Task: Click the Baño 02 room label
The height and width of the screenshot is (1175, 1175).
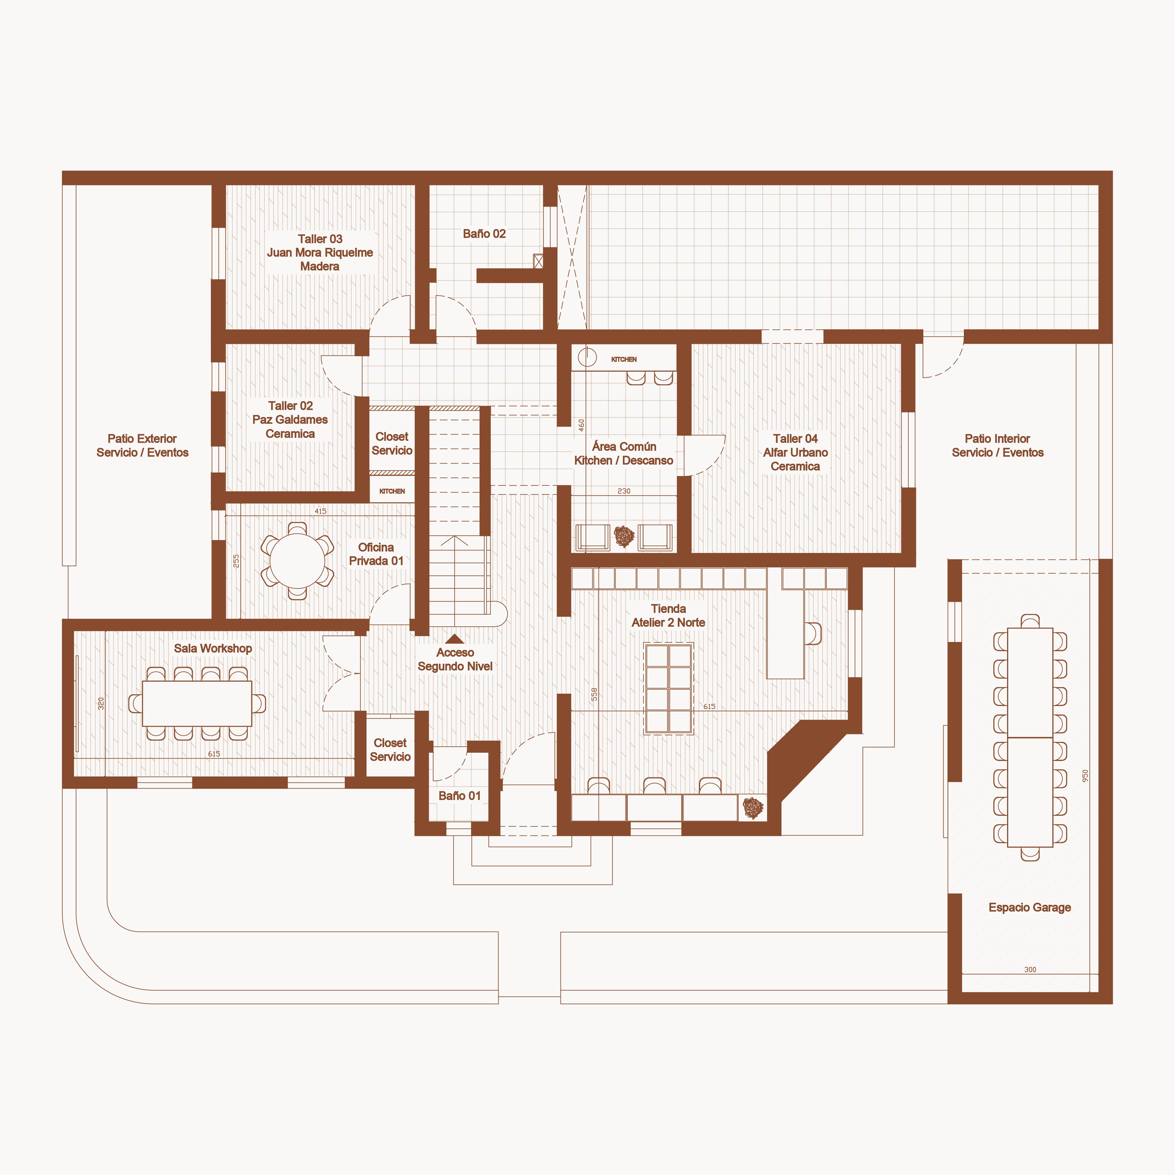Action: (484, 233)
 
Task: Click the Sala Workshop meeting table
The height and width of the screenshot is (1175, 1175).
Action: (197, 703)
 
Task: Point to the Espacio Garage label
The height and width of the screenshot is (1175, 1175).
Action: (1030, 907)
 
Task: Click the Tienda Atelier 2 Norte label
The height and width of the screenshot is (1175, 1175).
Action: (668, 615)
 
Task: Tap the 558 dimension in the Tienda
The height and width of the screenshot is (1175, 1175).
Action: (594, 694)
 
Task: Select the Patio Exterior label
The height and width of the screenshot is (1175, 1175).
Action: (142, 445)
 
